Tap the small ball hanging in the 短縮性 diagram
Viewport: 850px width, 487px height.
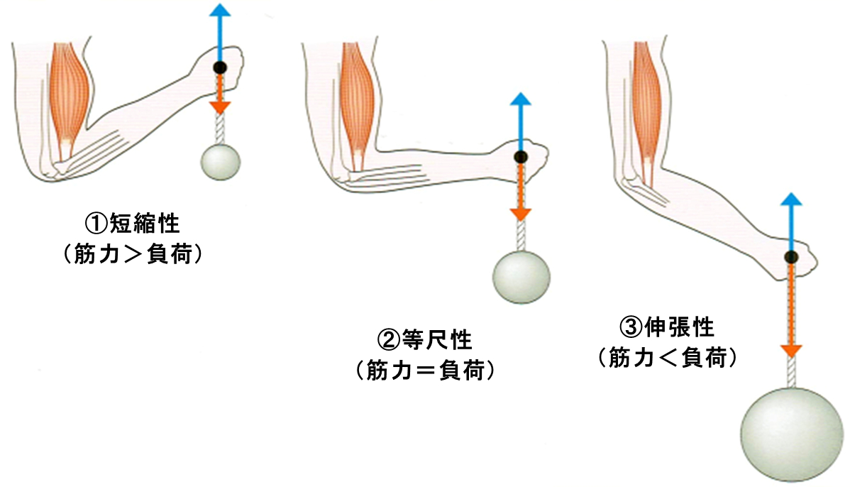(x=221, y=161)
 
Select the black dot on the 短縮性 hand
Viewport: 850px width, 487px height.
(x=221, y=68)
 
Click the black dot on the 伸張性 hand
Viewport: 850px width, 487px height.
(x=791, y=257)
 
